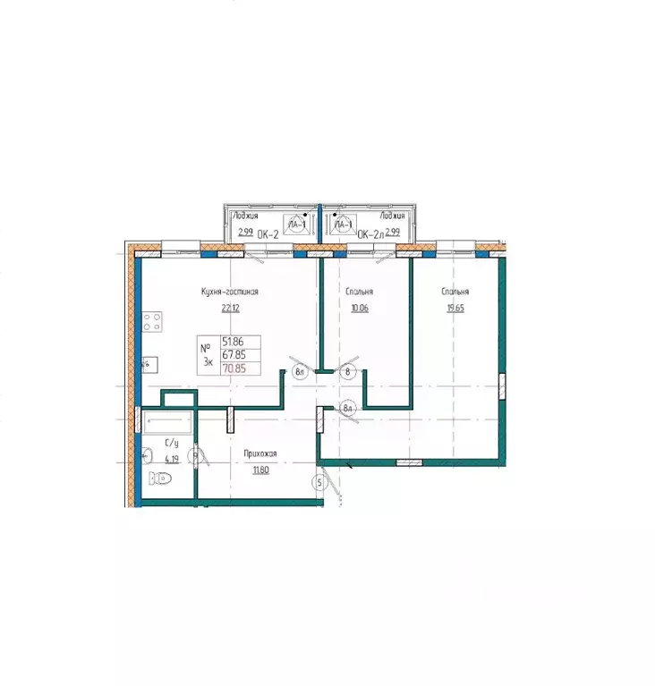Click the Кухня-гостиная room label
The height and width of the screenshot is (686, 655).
click(x=230, y=292)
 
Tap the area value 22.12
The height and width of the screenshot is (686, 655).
click(x=230, y=309)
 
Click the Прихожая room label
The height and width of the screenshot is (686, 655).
click(x=260, y=454)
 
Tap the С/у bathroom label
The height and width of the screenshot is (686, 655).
click(x=170, y=443)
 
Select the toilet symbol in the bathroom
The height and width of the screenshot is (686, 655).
click(x=163, y=479)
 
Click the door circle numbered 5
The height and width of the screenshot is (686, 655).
click(x=318, y=484)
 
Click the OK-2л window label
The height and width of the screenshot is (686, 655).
click(x=370, y=234)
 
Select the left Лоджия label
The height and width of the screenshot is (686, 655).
click(x=246, y=216)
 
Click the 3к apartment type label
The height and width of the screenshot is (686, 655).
click(x=208, y=361)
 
